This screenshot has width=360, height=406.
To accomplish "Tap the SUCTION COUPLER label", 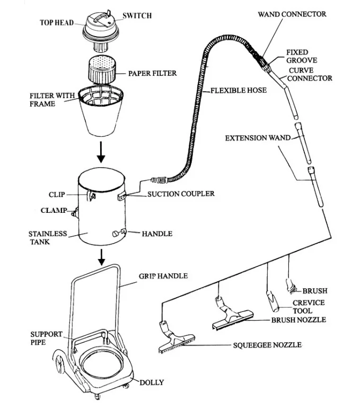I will (x=181, y=194).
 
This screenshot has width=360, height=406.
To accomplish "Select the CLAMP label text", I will (x=54, y=211).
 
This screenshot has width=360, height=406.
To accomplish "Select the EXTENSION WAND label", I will (x=258, y=138).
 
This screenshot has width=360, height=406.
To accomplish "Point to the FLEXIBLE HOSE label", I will (x=238, y=90).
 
